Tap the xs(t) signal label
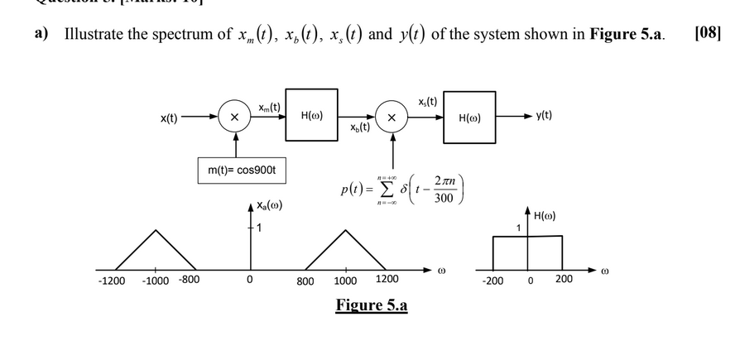(x=428, y=100)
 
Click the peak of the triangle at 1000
(x=346, y=228)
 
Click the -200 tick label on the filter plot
(x=492, y=280)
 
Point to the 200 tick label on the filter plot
(x=563, y=279)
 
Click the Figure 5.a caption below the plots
(x=372, y=305)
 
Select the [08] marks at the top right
(x=708, y=34)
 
